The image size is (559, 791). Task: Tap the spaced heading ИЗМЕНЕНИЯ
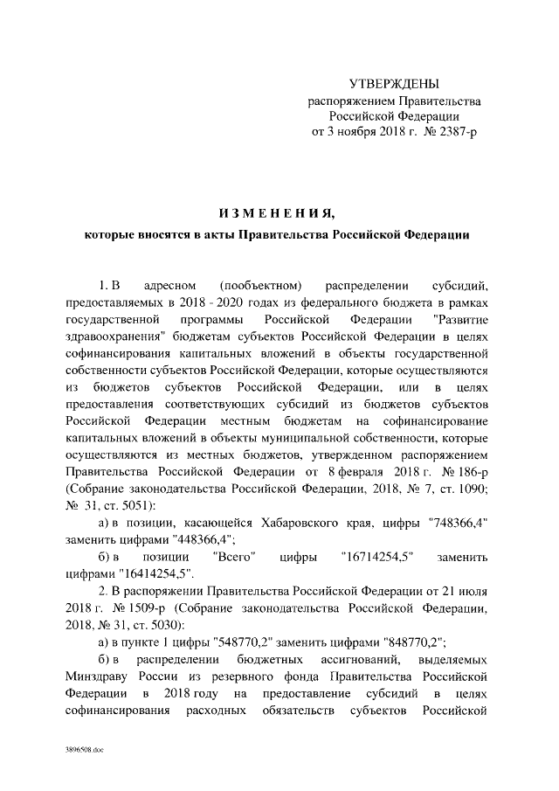click(279, 212)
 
